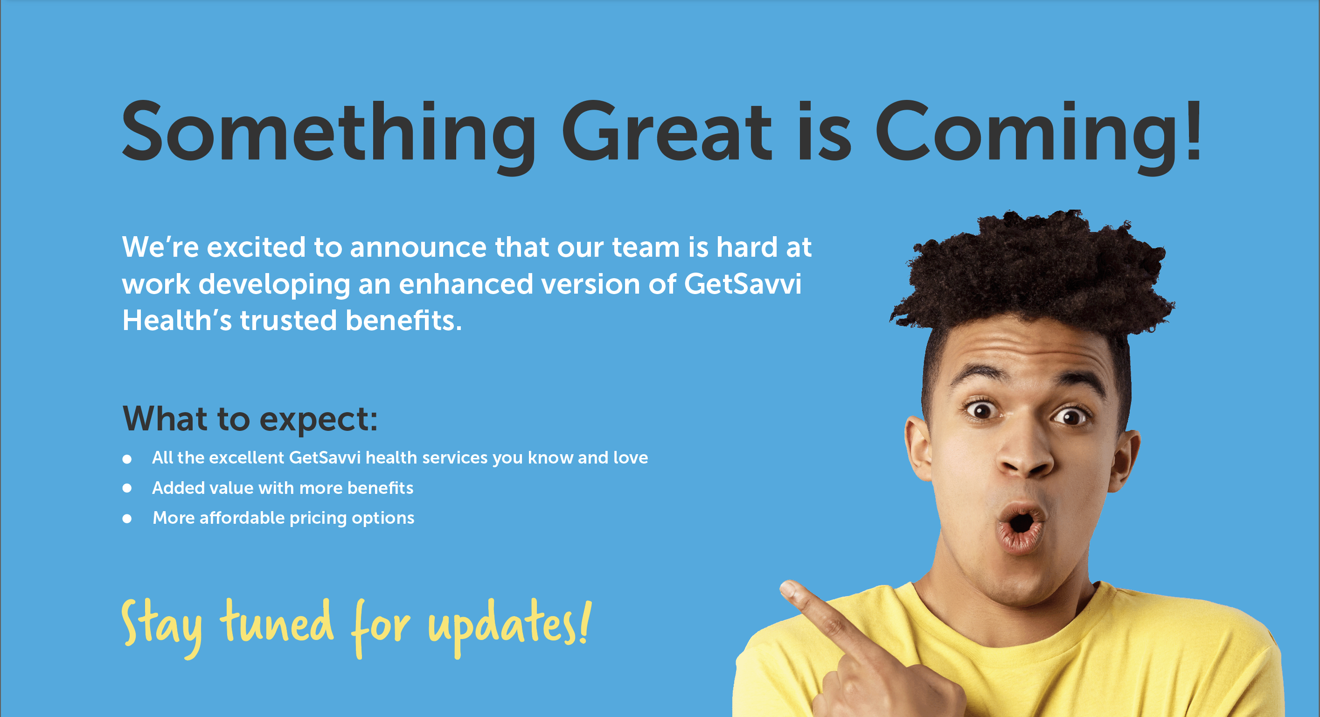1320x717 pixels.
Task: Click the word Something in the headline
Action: pos(328,136)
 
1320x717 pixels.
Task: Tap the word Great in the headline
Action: pos(667,130)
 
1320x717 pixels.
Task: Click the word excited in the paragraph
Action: pos(256,247)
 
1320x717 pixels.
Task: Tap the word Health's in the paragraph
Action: pos(177,320)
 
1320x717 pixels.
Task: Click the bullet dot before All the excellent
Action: pos(127,459)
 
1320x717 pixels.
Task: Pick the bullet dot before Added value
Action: pos(127,489)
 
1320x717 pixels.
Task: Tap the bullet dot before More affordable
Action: pos(127,519)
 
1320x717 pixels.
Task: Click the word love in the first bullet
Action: pos(630,457)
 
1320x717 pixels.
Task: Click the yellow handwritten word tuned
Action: pos(277,622)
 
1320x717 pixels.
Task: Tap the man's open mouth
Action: pos(1021,528)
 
